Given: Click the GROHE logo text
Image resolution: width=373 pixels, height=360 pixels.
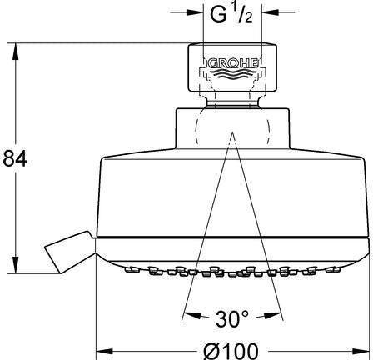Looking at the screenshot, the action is click(x=233, y=63).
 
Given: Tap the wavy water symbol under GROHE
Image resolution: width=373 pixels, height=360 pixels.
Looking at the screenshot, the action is click(x=232, y=75).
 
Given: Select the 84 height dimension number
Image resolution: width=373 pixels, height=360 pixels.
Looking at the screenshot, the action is click(x=15, y=158).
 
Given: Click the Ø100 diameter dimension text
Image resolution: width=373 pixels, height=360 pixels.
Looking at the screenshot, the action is click(x=231, y=351).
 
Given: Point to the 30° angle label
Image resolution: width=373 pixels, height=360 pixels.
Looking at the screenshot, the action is click(x=232, y=318).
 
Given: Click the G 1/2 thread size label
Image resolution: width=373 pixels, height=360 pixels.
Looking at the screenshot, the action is click(x=231, y=13).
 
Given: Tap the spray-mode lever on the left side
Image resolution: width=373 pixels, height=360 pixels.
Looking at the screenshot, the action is click(x=68, y=252).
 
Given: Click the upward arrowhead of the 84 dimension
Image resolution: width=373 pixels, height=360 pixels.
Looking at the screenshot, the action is click(x=15, y=52).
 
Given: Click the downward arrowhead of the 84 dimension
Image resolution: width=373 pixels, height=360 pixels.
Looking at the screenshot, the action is click(x=15, y=265).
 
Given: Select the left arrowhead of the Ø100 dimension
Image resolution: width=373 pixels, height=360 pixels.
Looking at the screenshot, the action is click(x=104, y=352).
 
